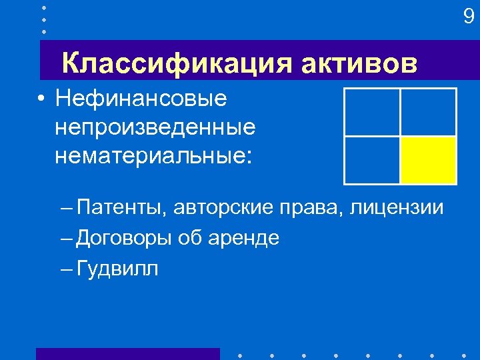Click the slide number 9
pos(469,17)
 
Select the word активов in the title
pos(359,64)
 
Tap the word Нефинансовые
pos(141,99)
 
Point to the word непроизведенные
pos(156,127)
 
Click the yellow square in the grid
pos(428,160)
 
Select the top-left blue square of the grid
pos(371,112)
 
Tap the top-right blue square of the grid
pos(428,112)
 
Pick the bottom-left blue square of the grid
pos(371,160)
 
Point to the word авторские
pos(223,207)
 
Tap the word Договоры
pos(125,238)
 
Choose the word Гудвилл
pos(117,268)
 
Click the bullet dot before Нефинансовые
pos(41,99)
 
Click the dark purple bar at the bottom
pos(127,354)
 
